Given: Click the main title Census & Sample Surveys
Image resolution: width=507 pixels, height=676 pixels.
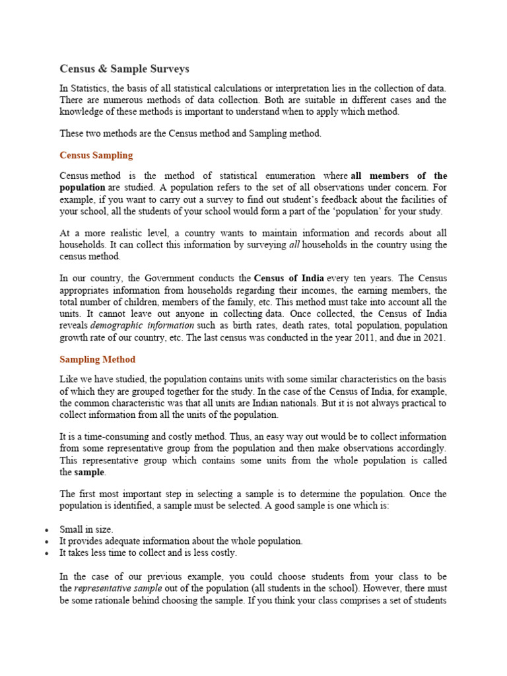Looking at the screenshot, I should coord(124,69).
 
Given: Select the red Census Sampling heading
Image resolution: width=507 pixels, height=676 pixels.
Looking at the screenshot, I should coord(96,155).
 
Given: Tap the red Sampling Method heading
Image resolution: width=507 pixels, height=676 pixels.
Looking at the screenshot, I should coord(97,359).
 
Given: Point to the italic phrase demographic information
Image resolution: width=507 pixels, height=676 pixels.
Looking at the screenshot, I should coord(142,325).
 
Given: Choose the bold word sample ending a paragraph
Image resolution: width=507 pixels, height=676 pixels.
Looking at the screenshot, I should coord(89,473).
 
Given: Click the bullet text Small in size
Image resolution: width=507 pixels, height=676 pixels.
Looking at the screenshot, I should coord(86,529).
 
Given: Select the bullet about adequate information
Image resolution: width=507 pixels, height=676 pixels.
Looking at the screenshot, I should coord(181,541).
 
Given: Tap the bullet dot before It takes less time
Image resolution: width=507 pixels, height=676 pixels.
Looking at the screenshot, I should coord(46,553).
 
